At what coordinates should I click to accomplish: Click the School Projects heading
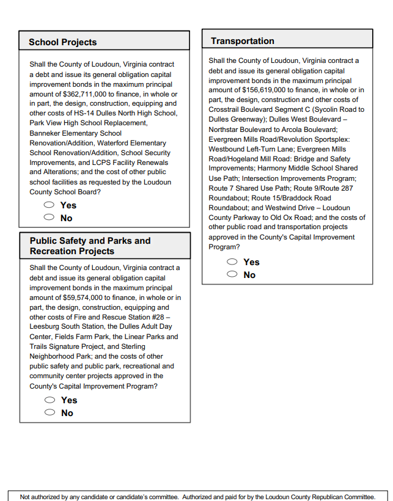[x=62, y=42]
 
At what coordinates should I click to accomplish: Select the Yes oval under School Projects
[x=49, y=205]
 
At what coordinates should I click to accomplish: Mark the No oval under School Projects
[x=49, y=218]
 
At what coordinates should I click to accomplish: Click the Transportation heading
[x=243, y=41]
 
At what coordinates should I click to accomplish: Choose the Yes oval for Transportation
[x=232, y=261]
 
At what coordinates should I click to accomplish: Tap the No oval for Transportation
[x=232, y=274]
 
